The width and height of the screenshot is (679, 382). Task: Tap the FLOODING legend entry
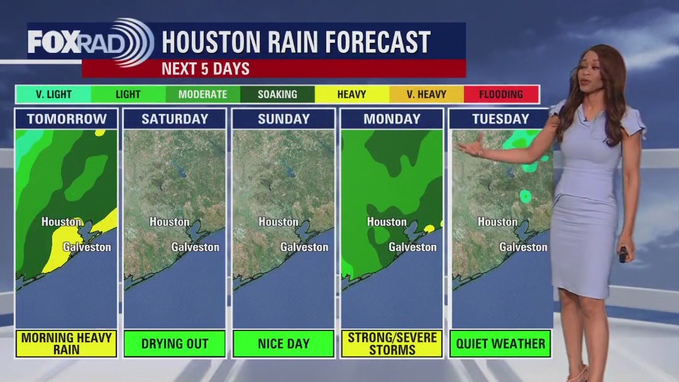click(x=501, y=94)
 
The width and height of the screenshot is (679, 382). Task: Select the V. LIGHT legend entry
click(x=53, y=94)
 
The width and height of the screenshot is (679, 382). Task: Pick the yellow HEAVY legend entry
click(x=351, y=94)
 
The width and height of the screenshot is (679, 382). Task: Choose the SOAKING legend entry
click(x=277, y=94)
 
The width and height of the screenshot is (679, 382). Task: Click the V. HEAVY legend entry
click(x=427, y=94)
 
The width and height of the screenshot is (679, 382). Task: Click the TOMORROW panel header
click(x=67, y=119)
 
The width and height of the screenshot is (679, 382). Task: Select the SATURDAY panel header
click(x=175, y=119)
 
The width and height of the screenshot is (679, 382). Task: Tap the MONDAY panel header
click(x=392, y=119)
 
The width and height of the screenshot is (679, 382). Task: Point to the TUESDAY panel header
click(x=500, y=119)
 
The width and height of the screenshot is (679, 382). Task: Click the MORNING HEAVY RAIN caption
click(x=67, y=344)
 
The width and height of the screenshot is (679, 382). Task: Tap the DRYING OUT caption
click(x=175, y=344)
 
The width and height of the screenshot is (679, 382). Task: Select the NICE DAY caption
click(x=284, y=344)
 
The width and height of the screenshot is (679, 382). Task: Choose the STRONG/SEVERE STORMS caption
click(x=392, y=344)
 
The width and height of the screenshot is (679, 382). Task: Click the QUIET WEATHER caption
click(x=500, y=344)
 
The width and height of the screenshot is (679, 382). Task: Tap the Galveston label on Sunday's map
click(x=304, y=247)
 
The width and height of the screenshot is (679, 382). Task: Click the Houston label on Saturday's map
click(x=169, y=222)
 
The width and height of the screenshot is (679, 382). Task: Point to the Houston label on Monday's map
click(x=387, y=222)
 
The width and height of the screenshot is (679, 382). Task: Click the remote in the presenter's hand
click(x=622, y=254)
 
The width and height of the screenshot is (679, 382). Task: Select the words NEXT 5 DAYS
click(x=206, y=69)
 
